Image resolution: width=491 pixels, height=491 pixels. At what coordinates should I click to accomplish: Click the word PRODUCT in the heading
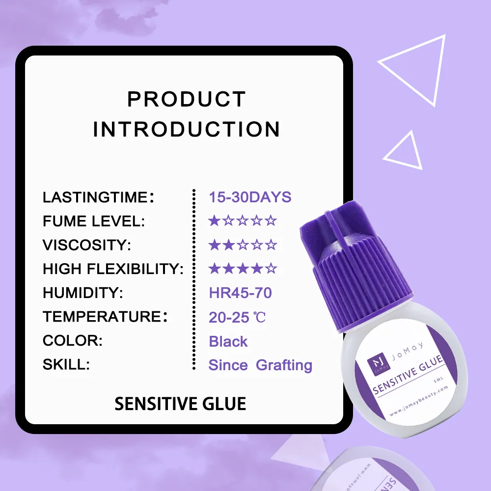coord(186,99)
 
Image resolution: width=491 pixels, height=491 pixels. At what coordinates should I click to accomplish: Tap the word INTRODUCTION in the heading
coord(186,130)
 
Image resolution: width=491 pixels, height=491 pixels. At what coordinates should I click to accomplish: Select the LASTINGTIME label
coord(95,197)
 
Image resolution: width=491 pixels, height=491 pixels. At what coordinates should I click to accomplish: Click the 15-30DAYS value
coord(250,197)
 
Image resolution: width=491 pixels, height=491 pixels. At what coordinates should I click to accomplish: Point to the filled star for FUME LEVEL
coord(214,221)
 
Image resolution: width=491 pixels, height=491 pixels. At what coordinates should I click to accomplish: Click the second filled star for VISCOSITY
coord(228,245)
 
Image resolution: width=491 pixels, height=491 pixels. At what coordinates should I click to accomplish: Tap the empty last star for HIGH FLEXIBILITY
coord(271,269)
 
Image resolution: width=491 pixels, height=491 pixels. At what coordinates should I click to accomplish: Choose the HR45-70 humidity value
coord(240,293)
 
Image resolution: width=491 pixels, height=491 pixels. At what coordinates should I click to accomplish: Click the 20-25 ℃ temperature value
coord(237,317)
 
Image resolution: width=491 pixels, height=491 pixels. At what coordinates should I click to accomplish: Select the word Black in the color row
coord(228,341)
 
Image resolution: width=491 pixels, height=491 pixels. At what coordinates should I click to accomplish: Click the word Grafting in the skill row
coord(284,365)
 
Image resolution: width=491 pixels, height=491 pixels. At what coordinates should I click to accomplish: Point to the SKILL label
coord(66,365)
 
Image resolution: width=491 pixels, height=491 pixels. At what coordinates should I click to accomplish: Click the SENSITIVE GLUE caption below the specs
coord(180,404)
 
